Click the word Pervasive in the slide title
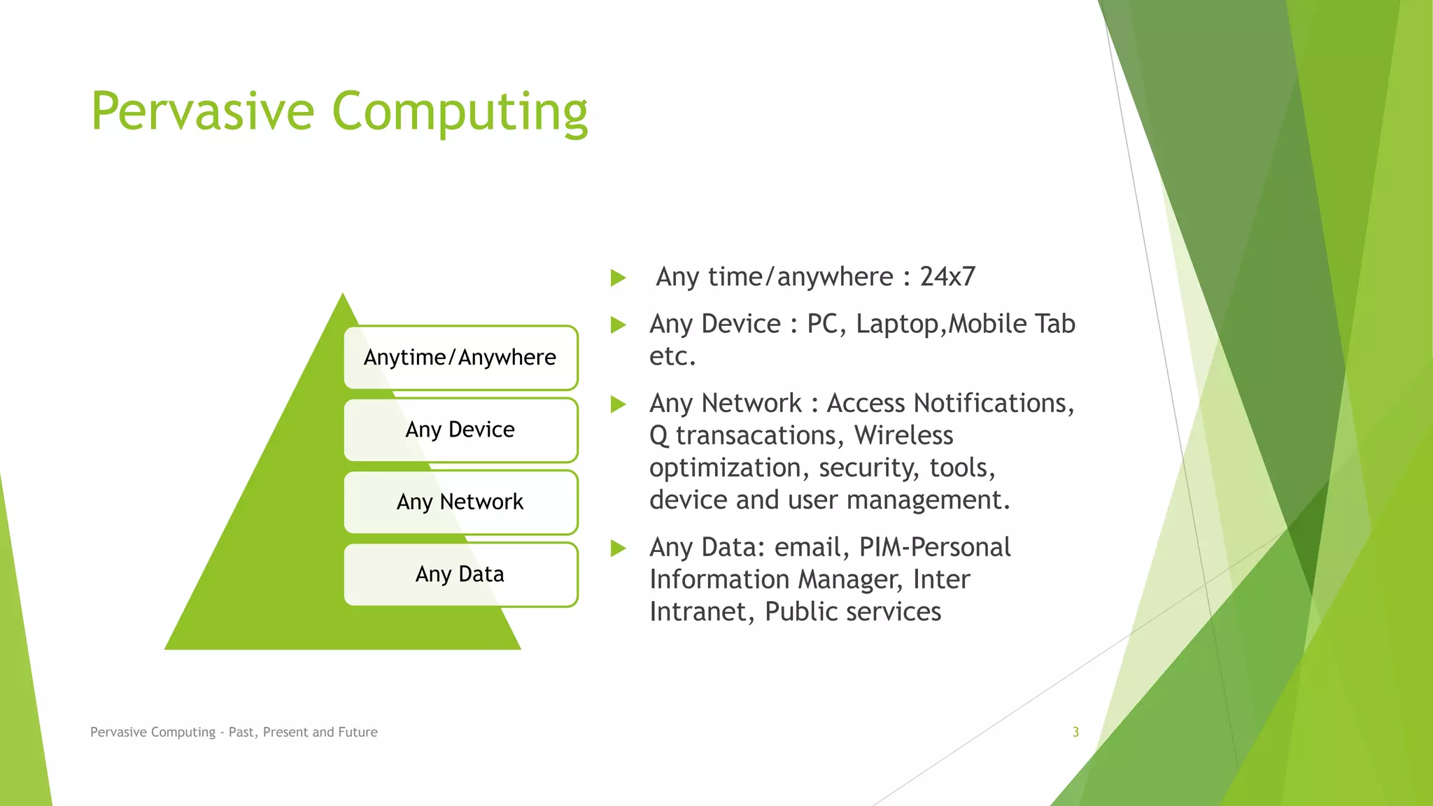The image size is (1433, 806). tap(203, 111)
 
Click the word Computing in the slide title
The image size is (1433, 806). tap(460, 111)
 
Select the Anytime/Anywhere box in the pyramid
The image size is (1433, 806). tap(460, 358)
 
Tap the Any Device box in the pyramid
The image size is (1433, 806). tap(460, 430)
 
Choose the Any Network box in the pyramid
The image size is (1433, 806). tap(460, 502)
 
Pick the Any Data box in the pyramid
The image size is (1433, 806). tap(460, 574)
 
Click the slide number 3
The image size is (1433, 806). tap(1075, 732)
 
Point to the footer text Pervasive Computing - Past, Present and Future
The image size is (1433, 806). tap(234, 732)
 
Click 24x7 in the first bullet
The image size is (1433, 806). tap(947, 277)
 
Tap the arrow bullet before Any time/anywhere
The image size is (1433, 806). tap(618, 278)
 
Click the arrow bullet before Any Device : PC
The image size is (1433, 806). tap(618, 325)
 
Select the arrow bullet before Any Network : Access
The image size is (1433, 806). tap(618, 404)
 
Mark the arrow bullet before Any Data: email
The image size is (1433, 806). tap(618, 548)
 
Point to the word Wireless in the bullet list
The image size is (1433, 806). tap(903, 435)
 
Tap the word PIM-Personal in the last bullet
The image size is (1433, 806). tap(935, 547)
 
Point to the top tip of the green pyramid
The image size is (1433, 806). tap(343, 295)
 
